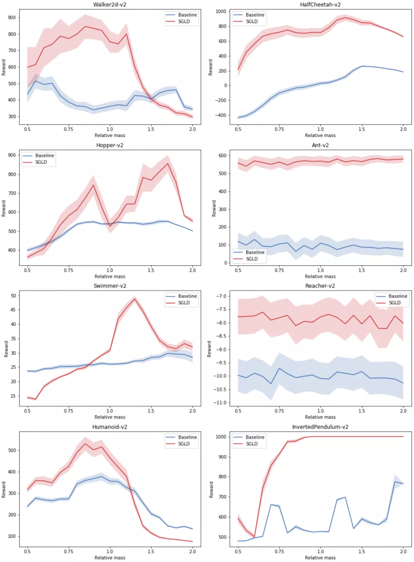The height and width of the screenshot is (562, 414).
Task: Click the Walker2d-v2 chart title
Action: [x=110, y=5]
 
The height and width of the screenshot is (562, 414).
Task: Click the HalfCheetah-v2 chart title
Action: [x=320, y=5]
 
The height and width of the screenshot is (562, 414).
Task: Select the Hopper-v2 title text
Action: [x=110, y=145]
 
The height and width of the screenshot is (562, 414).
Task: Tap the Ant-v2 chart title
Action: [x=320, y=145]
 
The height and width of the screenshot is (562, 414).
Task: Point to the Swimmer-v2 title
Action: [x=110, y=286]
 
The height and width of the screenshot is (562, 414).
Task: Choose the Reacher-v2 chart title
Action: [x=320, y=286]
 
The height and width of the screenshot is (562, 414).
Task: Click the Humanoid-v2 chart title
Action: [x=110, y=427]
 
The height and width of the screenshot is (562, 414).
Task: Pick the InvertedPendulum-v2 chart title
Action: [x=320, y=427]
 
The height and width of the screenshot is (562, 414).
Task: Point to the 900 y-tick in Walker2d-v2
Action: [x=12, y=18]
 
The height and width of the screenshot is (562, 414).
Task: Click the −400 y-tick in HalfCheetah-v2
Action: [x=221, y=115]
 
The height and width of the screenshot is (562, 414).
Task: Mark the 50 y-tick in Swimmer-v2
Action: [x=13, y=296]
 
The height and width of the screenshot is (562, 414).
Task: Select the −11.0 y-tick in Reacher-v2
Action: [x=221, y=403]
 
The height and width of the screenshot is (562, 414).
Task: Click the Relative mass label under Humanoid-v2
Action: [x=110, y=558]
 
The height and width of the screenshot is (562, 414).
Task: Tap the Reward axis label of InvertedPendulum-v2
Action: [x=211, y=490]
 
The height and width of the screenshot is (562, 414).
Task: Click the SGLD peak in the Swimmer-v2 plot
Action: [x=134, y=299]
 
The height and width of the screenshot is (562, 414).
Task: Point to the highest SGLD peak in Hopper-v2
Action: [x=168, y=164]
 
